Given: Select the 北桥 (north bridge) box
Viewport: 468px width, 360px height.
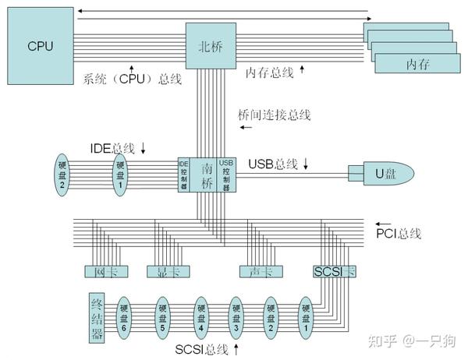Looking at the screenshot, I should pyautogui.click(x=211, y=44).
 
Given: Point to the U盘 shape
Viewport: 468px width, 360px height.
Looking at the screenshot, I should pyautogui.click(x=381, y=174).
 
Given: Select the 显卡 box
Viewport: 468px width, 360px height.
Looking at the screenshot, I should pyautogui.click(x=163, y=272).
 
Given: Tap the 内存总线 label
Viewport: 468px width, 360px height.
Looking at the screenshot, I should pyautogui.click(x=269, y=72).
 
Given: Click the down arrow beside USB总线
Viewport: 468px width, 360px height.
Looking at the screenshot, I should pyautogui.click(x=306, y=164).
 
